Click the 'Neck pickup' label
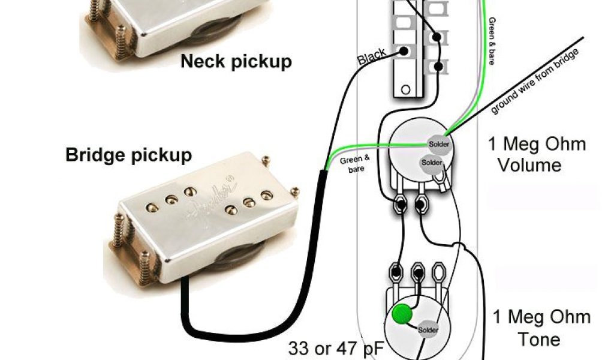pos(236,61)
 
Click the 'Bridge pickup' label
pos(128,155)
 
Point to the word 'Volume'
pos(530,164)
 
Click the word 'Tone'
pos(538,339)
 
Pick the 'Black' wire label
pos(372,58)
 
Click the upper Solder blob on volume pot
pos(438,144)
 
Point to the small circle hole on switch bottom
pos(405,90)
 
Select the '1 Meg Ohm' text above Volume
pos(536,144)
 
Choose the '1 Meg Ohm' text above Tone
pos(541,317)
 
